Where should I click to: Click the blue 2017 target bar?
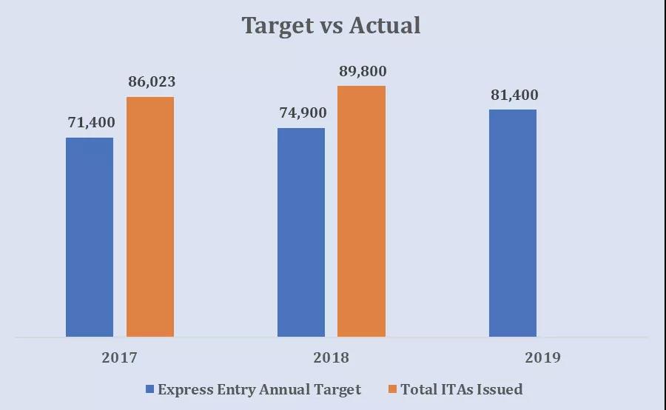click(x=90, y=237)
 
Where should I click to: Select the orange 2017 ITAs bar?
click(x=150, y=217)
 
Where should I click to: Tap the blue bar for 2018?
click(x=301, y=232)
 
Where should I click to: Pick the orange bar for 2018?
click(x=362, y=211)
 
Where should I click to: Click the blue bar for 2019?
click(x=513, y=224)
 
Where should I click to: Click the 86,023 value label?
click(x=152, y=82)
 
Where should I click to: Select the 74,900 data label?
click(x=302, y=113)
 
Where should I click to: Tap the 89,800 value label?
click(x=363, y=72)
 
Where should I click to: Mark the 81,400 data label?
click(x=514, y=95)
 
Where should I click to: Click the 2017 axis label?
click(x=120, y=358)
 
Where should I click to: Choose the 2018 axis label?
click(x=331, y=358)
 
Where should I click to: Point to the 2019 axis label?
click(x=542, y=358)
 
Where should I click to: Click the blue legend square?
click(x=150, y=389)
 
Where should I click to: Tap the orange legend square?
click(x=393, y=389)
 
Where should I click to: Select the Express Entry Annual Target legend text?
click(x=259, y=389)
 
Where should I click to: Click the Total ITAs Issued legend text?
click(x=462, y=389)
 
